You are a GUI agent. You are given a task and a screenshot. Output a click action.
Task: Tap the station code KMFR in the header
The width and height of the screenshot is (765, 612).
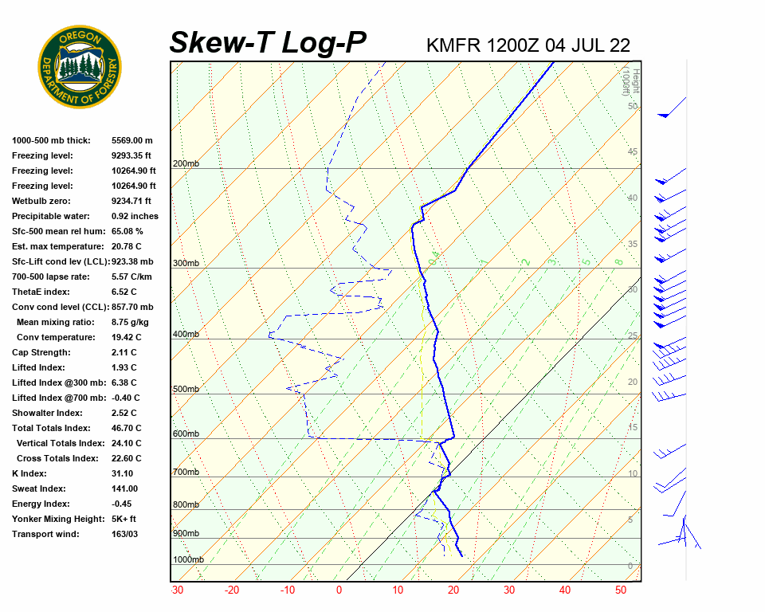point(453,45)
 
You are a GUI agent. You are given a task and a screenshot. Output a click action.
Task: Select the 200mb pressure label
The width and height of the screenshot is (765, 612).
point(186,164)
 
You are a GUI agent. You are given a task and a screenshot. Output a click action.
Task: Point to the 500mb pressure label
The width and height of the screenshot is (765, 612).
point(186,390)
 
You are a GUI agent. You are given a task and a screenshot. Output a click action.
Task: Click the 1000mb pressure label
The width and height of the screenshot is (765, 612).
point(188,560)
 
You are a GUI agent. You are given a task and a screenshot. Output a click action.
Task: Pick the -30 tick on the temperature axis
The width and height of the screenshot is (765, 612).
point(177,590)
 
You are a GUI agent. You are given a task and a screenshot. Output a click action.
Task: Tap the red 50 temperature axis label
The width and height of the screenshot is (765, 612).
point(620,590)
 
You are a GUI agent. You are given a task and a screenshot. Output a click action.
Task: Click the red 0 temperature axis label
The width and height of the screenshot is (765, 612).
point(339,590)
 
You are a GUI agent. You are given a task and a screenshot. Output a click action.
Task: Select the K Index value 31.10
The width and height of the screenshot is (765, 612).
point(124,473)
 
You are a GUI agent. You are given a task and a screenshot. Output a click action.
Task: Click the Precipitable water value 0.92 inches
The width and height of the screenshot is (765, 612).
point(135,216)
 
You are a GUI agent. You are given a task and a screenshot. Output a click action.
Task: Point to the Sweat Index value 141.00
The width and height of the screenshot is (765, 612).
point(124,488)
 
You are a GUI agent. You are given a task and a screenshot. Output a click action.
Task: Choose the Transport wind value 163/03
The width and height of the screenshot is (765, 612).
point(124,534)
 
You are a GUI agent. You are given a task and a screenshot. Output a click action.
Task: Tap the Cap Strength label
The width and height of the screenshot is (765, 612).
point(41,352)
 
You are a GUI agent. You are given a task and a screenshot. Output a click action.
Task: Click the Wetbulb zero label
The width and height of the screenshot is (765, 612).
point(42,201)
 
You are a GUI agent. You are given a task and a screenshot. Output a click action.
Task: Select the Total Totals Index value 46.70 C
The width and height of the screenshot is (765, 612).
point(126,428)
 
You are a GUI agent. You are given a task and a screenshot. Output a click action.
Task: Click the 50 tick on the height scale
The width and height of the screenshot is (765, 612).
point(632,106)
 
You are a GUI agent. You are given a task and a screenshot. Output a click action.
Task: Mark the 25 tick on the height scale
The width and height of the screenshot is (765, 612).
point(632,336)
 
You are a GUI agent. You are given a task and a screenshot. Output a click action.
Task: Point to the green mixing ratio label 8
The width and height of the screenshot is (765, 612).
point(618,261)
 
